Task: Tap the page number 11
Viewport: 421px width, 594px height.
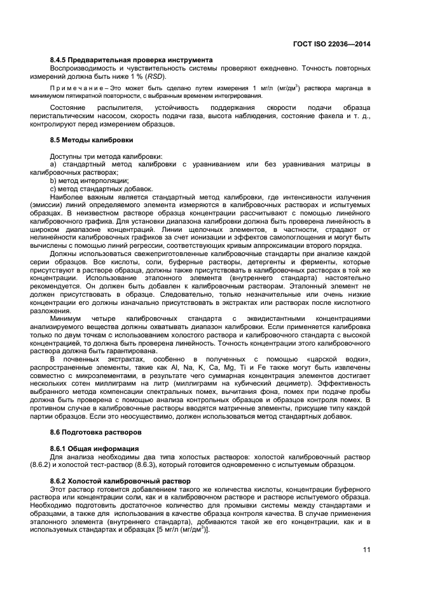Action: tap(366, 550)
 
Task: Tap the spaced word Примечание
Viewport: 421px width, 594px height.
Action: tap(75, 88)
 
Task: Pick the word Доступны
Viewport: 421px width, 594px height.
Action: tap(66, 156)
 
